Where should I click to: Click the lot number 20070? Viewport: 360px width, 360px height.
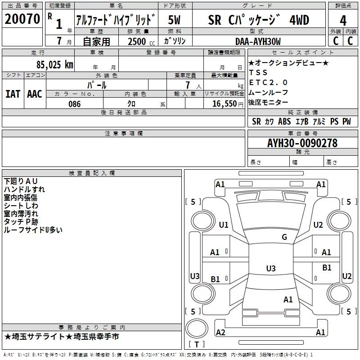pos(22,19)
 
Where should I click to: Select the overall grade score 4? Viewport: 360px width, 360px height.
pos(343,20)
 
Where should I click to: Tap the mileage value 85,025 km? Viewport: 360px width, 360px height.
pos(54,64)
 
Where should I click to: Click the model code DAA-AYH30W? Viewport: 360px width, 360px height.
pos(258,41)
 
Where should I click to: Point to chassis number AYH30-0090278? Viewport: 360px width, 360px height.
pos(302,143)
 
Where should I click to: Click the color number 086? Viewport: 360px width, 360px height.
pos(75,104)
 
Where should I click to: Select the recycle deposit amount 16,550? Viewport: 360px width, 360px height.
pos(224,104)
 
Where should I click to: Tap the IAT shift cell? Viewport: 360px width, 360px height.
pos(13,94)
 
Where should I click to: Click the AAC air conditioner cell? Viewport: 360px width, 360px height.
pos(35,94)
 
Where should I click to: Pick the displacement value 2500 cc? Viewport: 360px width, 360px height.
pos(141,41)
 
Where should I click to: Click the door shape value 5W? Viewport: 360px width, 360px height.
pos(174,20)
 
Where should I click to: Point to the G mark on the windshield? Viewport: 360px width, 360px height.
pos(284,237)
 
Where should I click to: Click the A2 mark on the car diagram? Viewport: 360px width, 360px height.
pos(220,332)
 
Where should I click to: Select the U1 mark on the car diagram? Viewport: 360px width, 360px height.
pos(224,225)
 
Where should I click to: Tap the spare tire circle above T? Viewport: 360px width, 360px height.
pos(197,328)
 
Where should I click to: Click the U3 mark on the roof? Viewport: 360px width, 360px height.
pos(271,268)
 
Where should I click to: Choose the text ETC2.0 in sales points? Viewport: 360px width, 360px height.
pos(268,82)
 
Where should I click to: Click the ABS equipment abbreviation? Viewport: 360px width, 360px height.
pos(284,121)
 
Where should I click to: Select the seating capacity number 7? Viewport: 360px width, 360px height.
pos(188,85)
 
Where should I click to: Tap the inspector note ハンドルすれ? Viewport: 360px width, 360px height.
pos(24,189)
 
